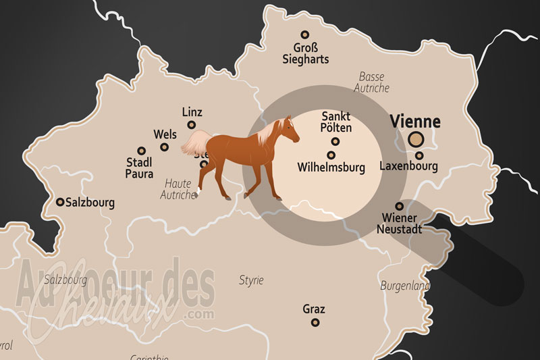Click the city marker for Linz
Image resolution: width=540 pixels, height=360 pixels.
click(x=192, y=125)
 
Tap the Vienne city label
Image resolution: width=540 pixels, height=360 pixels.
click(x=415, y=122)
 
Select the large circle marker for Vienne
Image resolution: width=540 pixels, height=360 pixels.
click(x=416, y=140)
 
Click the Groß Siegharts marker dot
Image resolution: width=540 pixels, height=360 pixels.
click(x=305, y=34)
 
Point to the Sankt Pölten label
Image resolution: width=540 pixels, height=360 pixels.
click(x=336, y=122)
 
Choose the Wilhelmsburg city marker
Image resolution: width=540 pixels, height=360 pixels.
click(x=331, y=155)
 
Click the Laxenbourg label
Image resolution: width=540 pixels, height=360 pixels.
click(x=408, y=166)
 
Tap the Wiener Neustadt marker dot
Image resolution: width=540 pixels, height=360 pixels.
click(x=400, y=206)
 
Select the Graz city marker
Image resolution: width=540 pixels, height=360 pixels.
click(x=315, y=322)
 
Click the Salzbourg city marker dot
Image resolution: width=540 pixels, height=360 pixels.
click(x=60, y=201)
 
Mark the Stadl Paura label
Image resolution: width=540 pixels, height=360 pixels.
click(x=140, y=168)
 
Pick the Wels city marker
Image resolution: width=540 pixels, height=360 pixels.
click(x=141, y=151)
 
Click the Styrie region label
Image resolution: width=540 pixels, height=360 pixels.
click(x=251, y=280)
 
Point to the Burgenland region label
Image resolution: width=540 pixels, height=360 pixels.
click(x=405, y=286)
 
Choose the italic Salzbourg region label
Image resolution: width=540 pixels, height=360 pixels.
click(x=65, y=278)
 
